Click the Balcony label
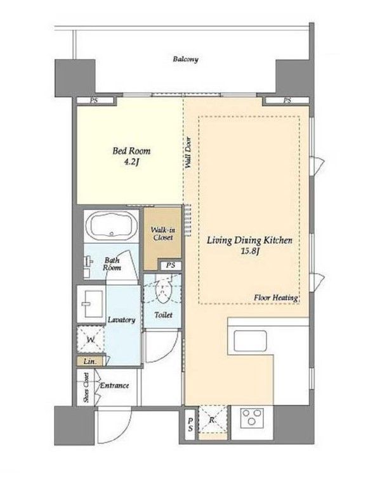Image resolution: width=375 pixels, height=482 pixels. pos(185,59)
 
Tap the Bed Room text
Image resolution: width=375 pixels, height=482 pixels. pos(131,151)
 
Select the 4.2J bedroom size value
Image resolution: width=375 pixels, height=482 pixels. pos(131,162)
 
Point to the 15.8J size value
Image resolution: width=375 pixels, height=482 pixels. pos(250,251)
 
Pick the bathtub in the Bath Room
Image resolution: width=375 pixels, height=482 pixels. pos(112,225)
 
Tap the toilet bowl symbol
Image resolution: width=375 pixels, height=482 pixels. pos(163,290)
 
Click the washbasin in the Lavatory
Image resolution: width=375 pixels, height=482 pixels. pos(91,304)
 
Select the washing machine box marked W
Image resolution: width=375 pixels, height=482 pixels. pos(91,339)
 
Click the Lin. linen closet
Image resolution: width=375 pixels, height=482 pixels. pos(91,362)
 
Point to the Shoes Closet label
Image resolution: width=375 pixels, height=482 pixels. pos(86,388)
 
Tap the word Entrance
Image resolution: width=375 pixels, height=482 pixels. pos(114,386)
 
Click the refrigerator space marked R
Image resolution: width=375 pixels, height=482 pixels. pos(213,419)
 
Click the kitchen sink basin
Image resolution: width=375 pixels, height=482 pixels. pos(250,341)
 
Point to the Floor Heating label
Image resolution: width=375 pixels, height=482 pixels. pos(276,298)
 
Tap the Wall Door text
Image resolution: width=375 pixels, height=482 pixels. pos(188,153)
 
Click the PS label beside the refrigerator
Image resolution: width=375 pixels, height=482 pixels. pos(191,424)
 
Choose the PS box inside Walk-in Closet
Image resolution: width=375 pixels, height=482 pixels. pos(171,265)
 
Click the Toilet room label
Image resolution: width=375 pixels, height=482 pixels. pos(163,315)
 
